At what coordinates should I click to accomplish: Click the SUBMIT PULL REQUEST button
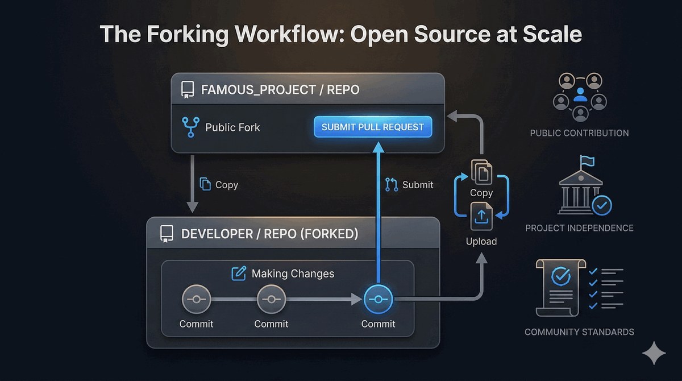(x=373, y=127)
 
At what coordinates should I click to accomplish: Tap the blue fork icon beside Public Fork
(x=191, y=127)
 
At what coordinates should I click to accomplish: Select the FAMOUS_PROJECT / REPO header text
(x=280, y=90)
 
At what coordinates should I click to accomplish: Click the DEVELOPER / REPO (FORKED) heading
(x=270, y=234)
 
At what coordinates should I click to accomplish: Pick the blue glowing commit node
(x=378, y=299)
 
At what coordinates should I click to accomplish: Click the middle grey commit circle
(x=271, y=299)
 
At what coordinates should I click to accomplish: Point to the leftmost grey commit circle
(x=197, y=299)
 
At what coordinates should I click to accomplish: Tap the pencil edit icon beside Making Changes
(x=239, y=274)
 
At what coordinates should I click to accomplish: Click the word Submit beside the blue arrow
(x=418, y=185)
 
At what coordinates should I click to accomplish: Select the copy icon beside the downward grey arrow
(x=205, y=184)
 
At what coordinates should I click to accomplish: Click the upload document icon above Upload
(x=481, y=217)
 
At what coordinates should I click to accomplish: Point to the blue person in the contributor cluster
(x=580, y=94)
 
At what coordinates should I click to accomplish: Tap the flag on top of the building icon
(x=587, y=160)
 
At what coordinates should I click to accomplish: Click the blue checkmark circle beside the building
(x=602, y=206)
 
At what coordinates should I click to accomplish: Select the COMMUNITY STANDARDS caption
(x=579, y=332)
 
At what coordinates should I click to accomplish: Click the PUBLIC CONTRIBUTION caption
(x=579, y=133)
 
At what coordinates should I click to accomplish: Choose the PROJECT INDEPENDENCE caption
(x=579, y=228)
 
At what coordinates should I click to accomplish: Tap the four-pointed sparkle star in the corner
(x=654, y=353)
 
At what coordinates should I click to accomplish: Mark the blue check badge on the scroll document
(x=561, y=276)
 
